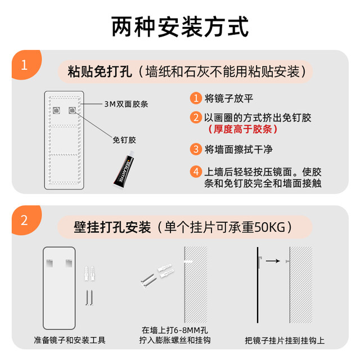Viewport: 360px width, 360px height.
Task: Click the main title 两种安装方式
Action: click(180, 26)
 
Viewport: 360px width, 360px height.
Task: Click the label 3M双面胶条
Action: click(126, 104)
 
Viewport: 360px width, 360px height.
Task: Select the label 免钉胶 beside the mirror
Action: click(124, 140)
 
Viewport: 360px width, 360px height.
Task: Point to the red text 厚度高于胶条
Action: click(243, 129)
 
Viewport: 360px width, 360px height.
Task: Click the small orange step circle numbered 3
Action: click(196, 149)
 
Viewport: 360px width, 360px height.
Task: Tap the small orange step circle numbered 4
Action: click(196, 172)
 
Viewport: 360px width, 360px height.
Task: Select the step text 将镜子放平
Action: click(229, 98)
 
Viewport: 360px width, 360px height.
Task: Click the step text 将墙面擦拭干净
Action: click(238, 150)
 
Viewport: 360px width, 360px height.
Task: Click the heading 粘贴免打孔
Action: click(100, 71)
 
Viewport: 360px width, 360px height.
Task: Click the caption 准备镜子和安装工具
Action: click(70, 340)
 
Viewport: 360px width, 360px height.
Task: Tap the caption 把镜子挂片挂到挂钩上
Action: click(285, 340)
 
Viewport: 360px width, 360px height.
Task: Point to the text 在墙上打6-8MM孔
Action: click(175, 330)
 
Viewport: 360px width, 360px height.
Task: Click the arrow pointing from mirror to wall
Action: click(273, 261)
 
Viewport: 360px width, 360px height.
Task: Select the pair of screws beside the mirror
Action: click(89, 298)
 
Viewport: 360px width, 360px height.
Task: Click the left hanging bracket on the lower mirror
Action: click(49, 263)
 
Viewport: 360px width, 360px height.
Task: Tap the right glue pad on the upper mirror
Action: click(73, 110)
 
